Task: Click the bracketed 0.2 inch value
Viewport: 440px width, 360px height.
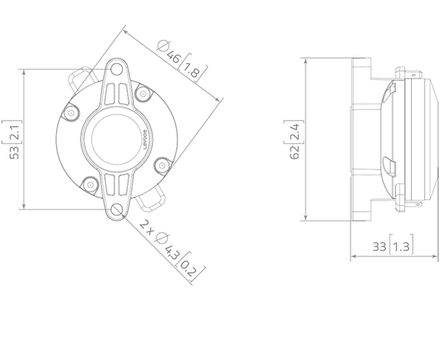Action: point(188,268)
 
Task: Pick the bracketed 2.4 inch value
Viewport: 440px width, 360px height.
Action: point(295,128)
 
